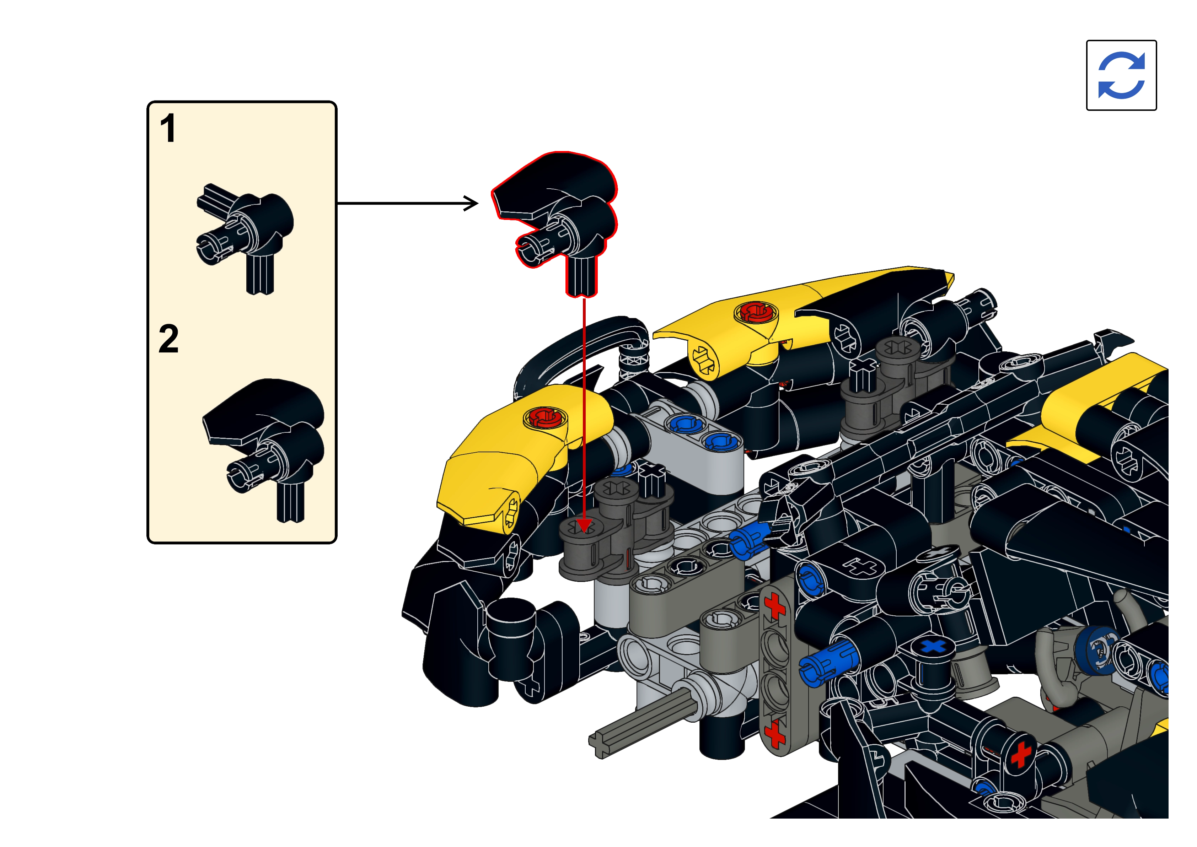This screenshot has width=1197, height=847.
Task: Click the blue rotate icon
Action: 1121,75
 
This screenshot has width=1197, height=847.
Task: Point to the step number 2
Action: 168,339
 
